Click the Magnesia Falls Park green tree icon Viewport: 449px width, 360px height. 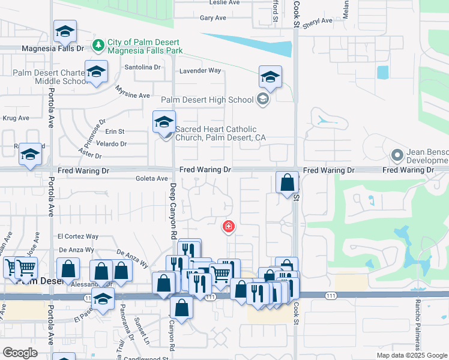coord(98,44)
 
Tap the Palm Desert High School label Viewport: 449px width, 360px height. coord(207,100)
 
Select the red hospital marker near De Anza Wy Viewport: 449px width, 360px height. coord(228,226)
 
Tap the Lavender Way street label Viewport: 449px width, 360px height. coord(200,70)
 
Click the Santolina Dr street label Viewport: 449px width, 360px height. coord(142,67)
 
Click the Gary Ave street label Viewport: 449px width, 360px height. coord(212,18)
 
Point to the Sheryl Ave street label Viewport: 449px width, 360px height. coord(318,21)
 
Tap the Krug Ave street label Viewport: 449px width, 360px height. coord(16,118)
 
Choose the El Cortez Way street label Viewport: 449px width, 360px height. coord(78,236)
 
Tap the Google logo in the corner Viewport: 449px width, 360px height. coord(20,353)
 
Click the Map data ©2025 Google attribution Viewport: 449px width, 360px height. coord(411,355)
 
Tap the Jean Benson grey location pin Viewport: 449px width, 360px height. coord(396,155)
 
